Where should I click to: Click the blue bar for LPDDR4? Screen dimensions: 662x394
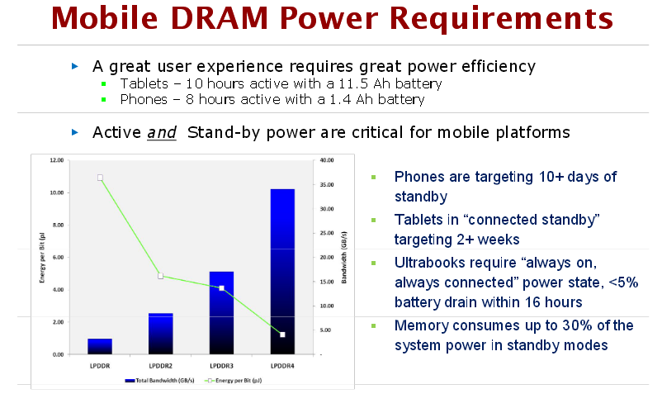coord(282,272)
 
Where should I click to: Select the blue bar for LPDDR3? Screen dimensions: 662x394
coord(222,313)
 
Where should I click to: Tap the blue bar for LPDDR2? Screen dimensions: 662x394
coord(161,334)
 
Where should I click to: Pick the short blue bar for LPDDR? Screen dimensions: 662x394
coord(100,346)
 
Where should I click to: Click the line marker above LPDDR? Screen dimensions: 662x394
coord(100,178)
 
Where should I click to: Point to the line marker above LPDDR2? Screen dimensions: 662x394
coord(161,276)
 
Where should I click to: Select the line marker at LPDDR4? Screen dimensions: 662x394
coord(282,335)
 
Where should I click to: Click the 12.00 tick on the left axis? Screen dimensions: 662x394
coord(57,160)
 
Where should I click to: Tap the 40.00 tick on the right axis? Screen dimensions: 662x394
coord(327,160)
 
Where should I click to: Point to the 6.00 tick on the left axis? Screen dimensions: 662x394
coord(58,257)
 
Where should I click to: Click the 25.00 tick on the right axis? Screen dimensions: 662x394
coord(327,233)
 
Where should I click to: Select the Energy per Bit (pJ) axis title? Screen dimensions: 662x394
coord(42,258)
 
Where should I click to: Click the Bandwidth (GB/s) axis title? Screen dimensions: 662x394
coord(344,258)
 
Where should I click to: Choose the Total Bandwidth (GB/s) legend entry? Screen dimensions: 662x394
coord(159,381)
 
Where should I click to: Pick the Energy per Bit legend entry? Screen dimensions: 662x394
coord(233,381)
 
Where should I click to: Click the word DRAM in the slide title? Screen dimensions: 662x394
coord(220,18)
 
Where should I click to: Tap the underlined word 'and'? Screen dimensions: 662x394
coord(162,133)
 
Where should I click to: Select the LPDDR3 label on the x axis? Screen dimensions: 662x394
coord(222,366)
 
